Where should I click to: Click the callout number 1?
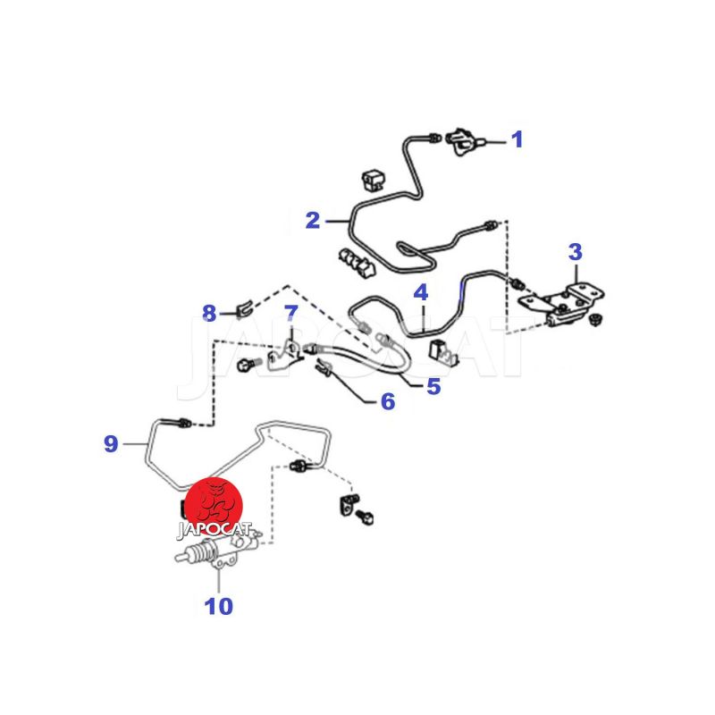pyautogui.click(x=517, y=139)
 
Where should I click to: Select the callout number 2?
pyautogui.click(x=313, y=221)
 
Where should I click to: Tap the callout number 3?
pyautogui.click(x=576, y=252)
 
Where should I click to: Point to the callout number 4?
pyautogui.click(x=421, y=292)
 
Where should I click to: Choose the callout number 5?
pyautogui.click(x=433, y=386)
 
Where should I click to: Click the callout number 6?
pyautogui.click(x=388, y=401)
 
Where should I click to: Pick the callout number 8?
pyautogui.click(x=209, y=314)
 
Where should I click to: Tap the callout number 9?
pyautogui.click(x=111, y=443)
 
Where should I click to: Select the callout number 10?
pyautogui.click(x=218, y=607)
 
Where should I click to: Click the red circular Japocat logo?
pyautogui.click(x=214, y=506)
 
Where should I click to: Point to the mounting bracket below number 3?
pyautogui.click(x=562, y=303)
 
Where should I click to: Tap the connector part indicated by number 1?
pyautogui.click(x=464, y=142)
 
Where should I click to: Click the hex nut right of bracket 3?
pyautogui.click(x=594, y=320)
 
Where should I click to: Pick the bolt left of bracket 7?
pyautogui.click(x=248, y=365)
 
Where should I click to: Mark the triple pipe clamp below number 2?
pyautogui.click(x=357, y=263)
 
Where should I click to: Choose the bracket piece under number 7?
pyautogui.click(x=284, y=355)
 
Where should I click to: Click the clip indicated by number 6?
pyautogui.click(x=324, y=367)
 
